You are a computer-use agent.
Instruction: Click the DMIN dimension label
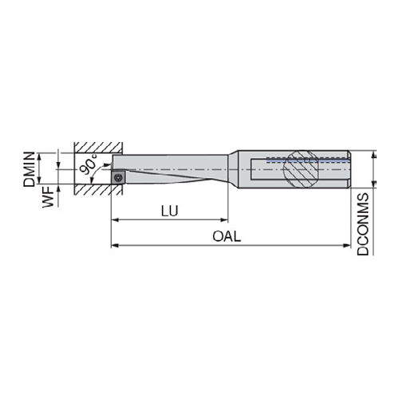29,169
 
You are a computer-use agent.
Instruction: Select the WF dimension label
49,197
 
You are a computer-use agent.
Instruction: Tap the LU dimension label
170,211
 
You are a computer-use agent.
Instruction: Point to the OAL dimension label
227,236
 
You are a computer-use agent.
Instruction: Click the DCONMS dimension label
363,224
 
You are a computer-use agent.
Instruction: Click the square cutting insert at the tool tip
118,177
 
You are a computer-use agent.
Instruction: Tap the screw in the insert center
118,177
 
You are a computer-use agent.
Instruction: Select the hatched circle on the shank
301,169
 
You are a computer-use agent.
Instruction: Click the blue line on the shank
308,161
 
